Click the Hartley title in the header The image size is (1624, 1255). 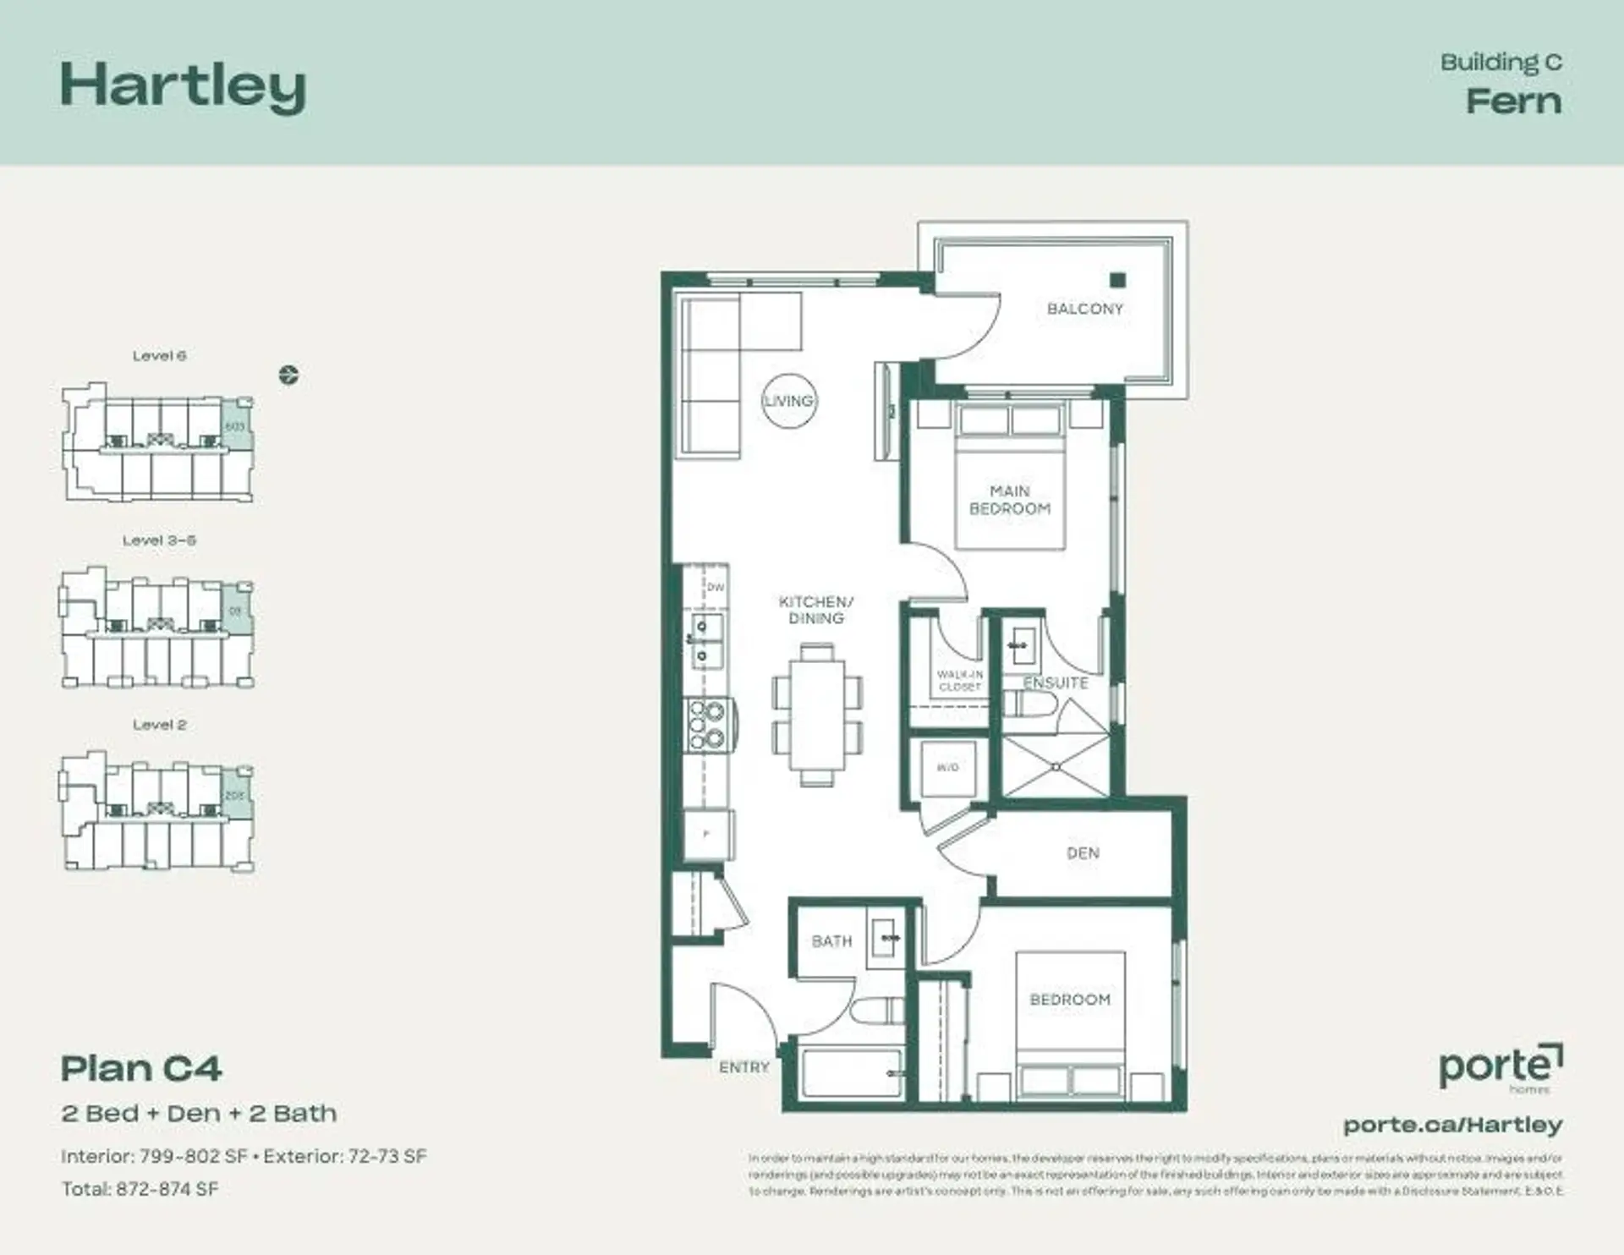click(x=183, y=87)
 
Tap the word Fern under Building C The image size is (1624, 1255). click(x=1513, y=101)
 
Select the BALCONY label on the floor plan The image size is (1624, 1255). click(x=1084, y=309)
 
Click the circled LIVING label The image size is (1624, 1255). click(x=788, y=401)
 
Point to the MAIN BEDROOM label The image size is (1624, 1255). click(x=1010, y=500)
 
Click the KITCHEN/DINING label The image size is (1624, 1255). click(x=816, y=610)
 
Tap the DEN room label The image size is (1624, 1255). click(x=1083, y=853)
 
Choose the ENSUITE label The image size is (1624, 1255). click(x=1056, y=682)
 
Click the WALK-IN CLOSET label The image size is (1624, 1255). click(x=959, y=681)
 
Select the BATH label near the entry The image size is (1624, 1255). click(x=831, y=941)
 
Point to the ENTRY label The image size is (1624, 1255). click(x=744, y=1067)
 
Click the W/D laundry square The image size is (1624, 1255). click(x=948, y=768)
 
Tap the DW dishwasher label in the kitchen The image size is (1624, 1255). click(x=715, y=587)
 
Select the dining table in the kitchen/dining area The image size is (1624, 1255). click(x=816, y=715)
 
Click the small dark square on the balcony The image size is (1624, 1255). click(x=1118, y=281)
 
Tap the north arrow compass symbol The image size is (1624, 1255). click(x=288, y=375)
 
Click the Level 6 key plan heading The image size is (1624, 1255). click(x=159, y=356)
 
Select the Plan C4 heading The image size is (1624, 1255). click(x=141, y=1069)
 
